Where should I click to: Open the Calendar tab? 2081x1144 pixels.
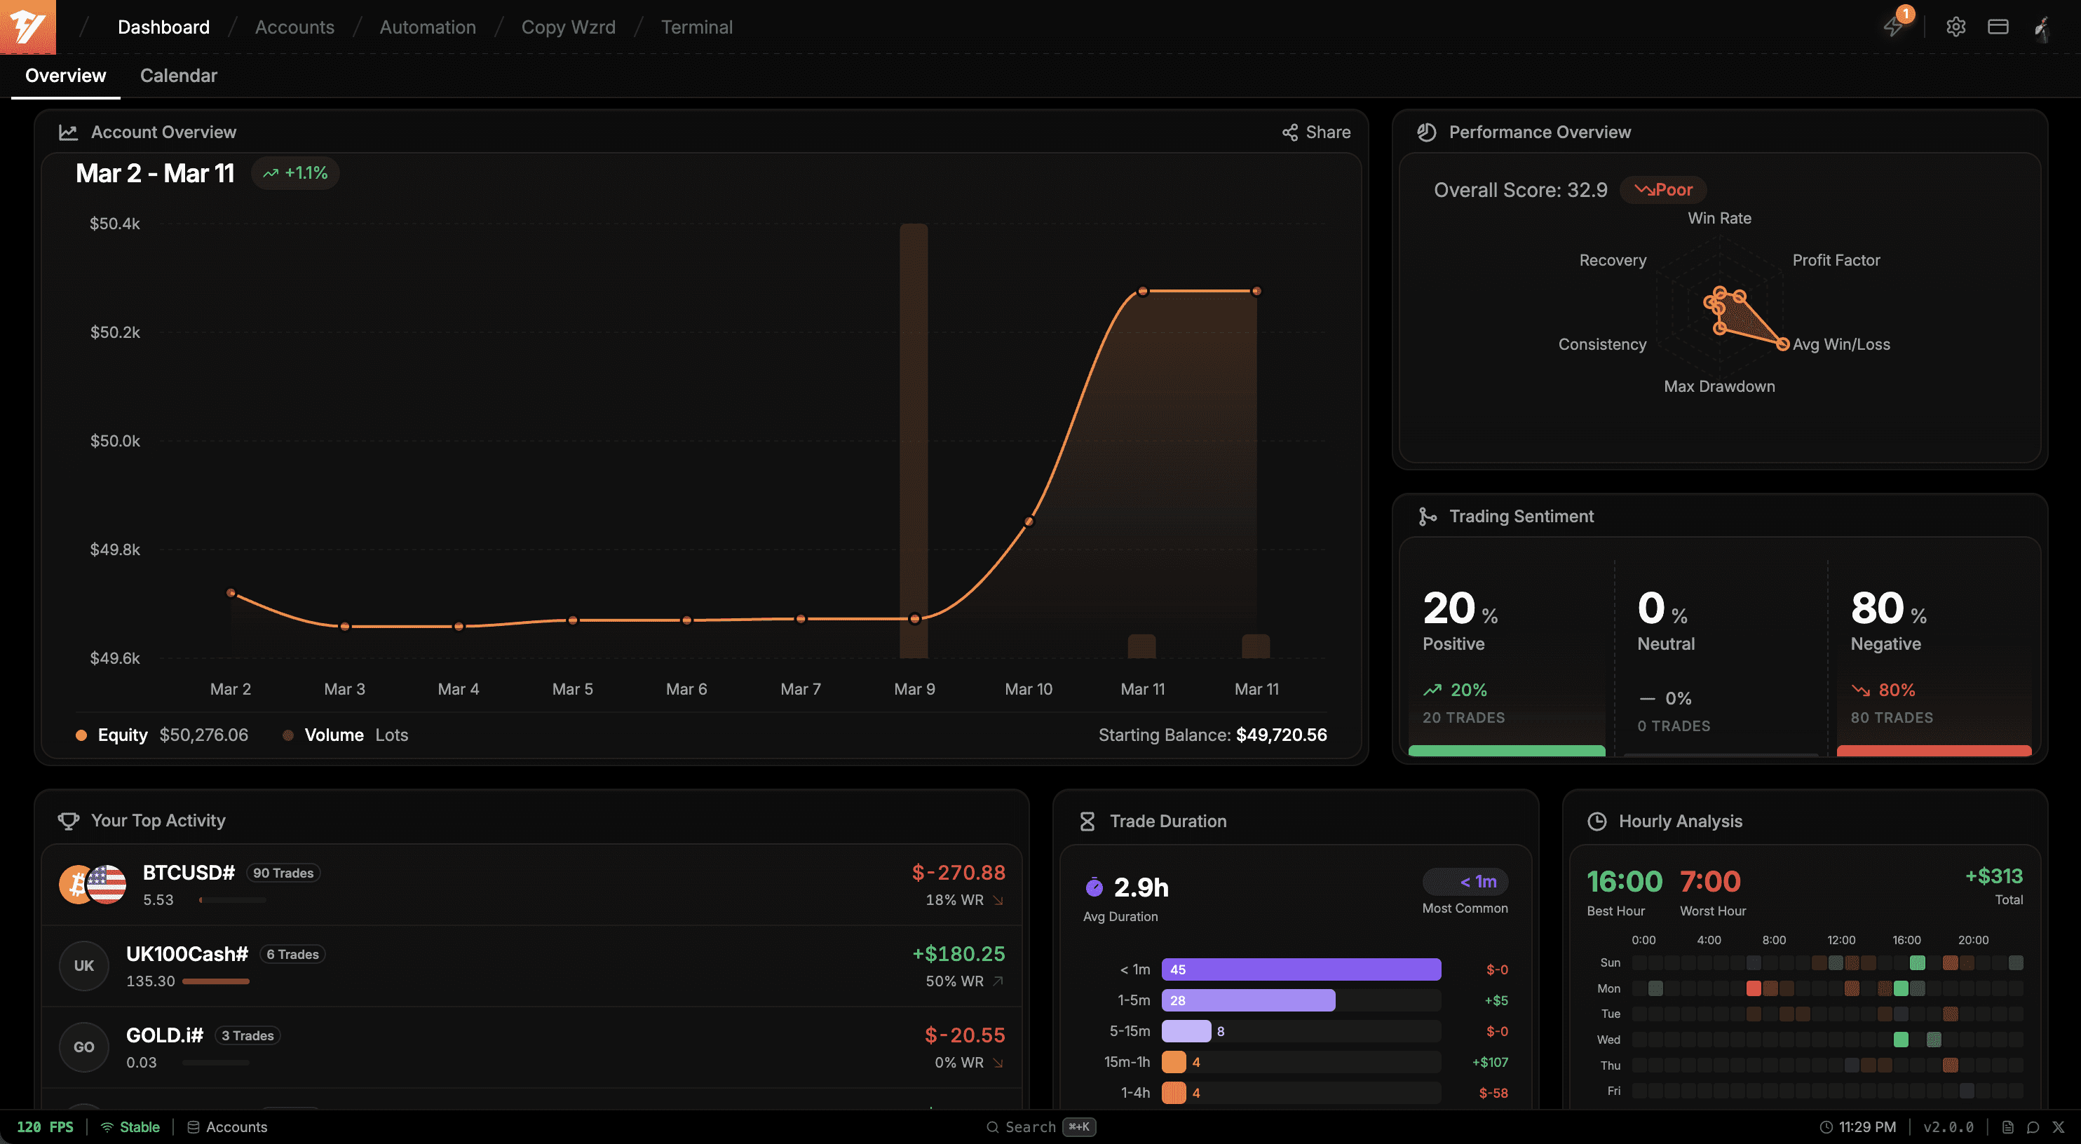pos(179,75)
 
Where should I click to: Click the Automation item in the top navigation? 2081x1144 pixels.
pos(428,27)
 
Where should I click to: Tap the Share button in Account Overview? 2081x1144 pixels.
pos(1316,132)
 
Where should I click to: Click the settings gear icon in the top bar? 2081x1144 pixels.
pos(1955,27)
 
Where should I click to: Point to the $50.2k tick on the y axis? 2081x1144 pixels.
pos(115,332)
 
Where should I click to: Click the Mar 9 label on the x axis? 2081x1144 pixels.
pos(914,689)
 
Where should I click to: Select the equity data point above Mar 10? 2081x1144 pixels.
pos(1029,522)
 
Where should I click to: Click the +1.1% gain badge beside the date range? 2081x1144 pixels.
pos(295,173)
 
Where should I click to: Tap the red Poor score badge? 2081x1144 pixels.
pos(1663,190)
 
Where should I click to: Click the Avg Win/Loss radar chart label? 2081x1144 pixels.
pos(1841,344)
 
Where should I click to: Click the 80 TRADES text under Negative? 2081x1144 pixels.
pos(1891,717)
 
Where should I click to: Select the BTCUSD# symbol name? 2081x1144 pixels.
pos(188,873)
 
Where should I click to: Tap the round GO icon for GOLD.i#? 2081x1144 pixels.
pos(84,1047)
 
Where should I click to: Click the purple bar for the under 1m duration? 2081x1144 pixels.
pos(1301,969)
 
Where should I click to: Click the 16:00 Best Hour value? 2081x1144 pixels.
pos(1624,881)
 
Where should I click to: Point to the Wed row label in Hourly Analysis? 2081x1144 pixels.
pos(1608,1040)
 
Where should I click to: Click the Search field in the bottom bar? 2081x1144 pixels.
pos(1030,1127)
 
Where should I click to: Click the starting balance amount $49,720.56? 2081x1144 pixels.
pos(1281,735)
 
